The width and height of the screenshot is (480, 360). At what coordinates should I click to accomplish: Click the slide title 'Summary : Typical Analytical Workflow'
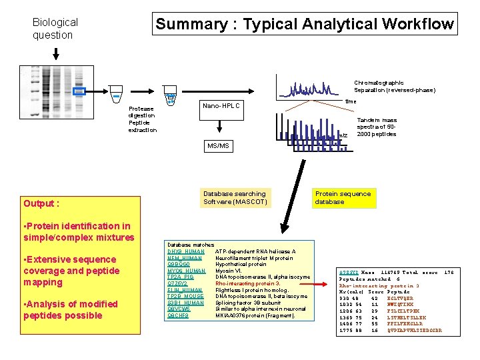(x=304, y=25)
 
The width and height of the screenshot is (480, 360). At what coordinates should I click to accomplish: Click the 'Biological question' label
(x=55, y=29)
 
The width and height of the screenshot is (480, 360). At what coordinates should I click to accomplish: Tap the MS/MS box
(x=218, y=145)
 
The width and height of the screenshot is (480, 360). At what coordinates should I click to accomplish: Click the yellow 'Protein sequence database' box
(x=343, y=197)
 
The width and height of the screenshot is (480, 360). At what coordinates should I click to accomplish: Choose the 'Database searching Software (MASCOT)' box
(x=235, y=197)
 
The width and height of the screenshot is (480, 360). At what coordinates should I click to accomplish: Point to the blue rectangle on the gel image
(x=79, y=91)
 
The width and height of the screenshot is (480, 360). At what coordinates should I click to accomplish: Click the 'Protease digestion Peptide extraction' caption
(x=141, y=119)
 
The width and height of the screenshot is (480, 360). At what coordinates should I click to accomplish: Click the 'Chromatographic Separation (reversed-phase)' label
(x=395, y=87)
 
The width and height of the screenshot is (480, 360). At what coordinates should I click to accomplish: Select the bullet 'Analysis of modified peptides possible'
(x=70, y=309)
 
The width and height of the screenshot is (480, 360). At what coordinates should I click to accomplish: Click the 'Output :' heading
(x=41, y=203)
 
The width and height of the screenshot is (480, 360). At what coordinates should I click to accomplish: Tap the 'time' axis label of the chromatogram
(x=350, y=102)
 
